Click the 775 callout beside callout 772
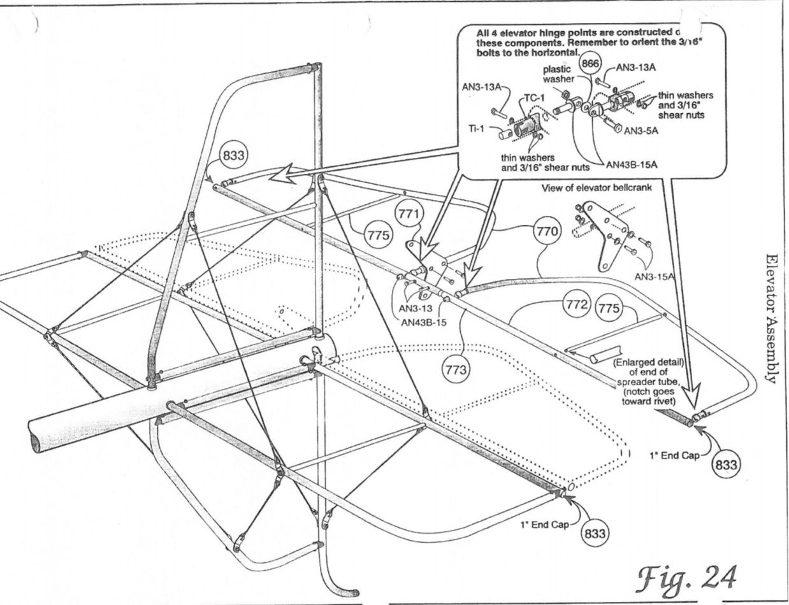(609, 308)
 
